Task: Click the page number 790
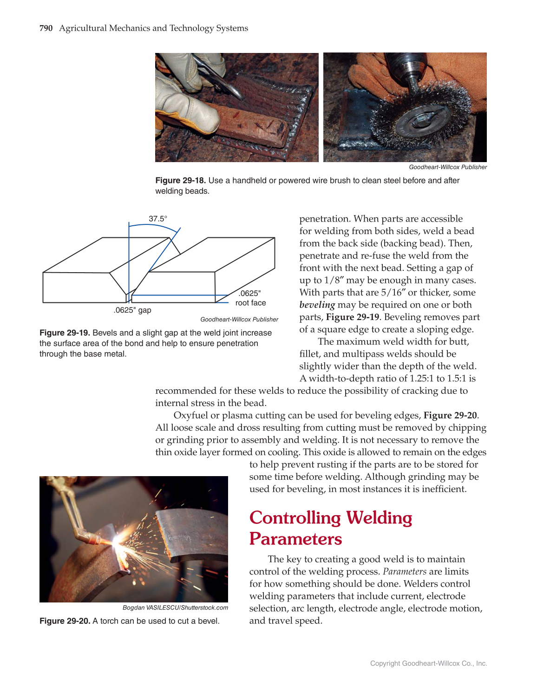[46, 28]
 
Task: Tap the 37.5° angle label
[158, 219]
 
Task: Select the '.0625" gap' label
[132, 310]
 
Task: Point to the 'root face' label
[250, 303]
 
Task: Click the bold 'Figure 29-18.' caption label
[180, 181]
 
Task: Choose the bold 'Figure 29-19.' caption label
[65, 333]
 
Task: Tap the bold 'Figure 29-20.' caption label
[65, 621]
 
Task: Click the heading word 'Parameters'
[295, 539]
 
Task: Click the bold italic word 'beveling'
[317, 305]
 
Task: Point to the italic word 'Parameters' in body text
[404, 572]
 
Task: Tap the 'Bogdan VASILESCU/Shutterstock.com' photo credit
[175, 608]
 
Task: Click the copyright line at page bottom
[428, 663]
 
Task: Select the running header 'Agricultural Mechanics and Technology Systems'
[153, 28]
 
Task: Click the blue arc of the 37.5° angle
[153, 225]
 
